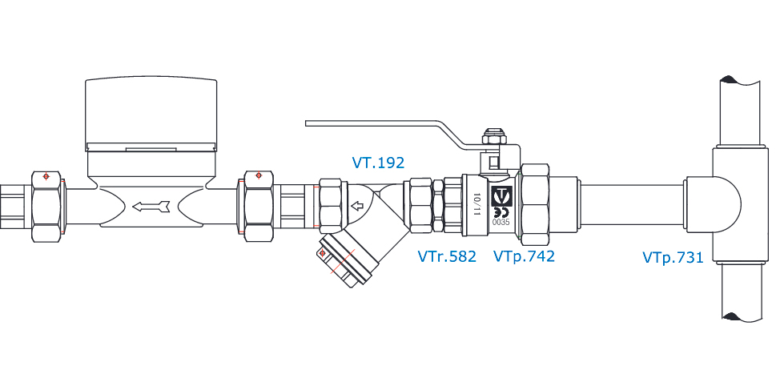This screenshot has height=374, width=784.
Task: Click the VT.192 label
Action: coord(378,163)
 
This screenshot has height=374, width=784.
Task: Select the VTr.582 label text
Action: coord(447,256)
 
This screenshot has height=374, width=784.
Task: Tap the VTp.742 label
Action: coord(524,256)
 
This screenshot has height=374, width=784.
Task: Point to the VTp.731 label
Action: coord(672,257)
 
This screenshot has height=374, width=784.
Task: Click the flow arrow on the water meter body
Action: coord(151,207)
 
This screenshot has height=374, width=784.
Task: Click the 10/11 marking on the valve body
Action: coord(478,203)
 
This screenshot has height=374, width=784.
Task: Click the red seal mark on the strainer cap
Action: coord(322,254)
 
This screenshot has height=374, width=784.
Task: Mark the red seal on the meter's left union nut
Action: coord(46,175)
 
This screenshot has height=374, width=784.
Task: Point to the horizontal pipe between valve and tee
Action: coord(629,206)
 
